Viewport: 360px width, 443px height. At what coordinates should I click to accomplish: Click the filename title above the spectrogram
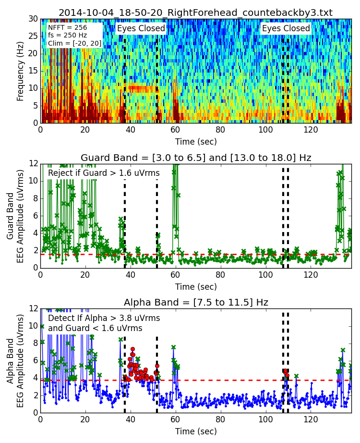(x=195, y=12)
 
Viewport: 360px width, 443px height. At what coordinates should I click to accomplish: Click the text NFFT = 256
(x=68, y=28)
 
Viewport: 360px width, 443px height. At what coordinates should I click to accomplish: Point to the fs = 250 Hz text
(x=68, y=36)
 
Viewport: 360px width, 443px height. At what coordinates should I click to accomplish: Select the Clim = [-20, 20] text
(x=74, y=43)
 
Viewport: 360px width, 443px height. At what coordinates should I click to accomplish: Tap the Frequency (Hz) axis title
(x=21, y=71)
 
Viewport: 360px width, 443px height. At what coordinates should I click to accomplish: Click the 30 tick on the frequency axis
(x=33, y=19)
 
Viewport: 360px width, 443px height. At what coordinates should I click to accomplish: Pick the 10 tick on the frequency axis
(x=33, y=88)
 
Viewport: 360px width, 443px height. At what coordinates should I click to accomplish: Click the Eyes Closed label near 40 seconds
(x=141, y=29)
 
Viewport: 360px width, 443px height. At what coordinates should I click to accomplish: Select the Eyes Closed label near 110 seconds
(x=286, y=29)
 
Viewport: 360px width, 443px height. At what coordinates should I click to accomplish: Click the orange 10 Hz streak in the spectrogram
(x=141, y=88)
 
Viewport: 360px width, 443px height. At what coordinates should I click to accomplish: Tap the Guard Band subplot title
(x=196, y=158)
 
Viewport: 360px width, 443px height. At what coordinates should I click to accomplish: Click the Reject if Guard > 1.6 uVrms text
(x=104, y=173)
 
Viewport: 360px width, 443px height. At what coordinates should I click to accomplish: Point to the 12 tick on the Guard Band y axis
(x=33, y=163)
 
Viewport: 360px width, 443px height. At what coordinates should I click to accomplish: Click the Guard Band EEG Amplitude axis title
(x=15, y=215)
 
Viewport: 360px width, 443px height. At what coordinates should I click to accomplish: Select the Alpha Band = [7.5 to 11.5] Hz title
(x=196, y=302)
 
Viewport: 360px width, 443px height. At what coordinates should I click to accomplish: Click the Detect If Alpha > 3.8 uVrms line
(x=104, y=318)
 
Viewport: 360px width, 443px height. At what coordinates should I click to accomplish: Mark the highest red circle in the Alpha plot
(x=132, y=349)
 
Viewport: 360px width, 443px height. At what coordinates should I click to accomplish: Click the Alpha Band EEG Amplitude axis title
(x=15, y=360)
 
